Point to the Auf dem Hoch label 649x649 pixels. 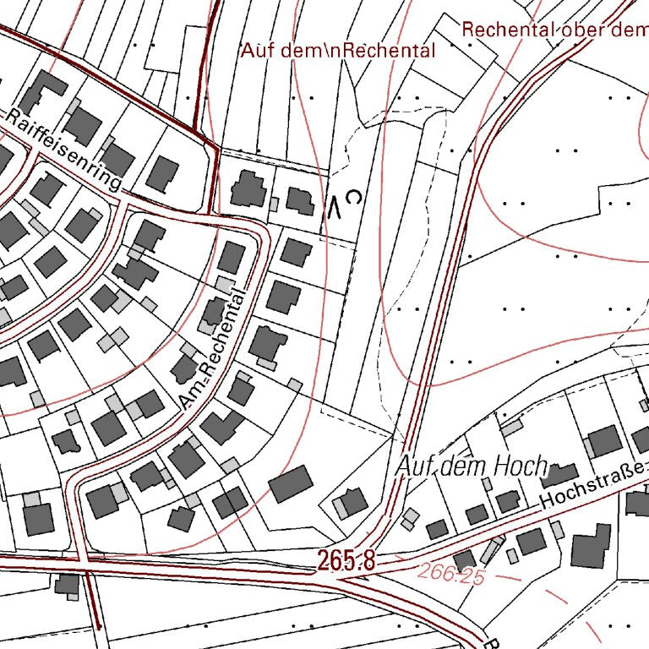(x=472, y=466)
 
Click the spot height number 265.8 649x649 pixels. (x=346, y=559)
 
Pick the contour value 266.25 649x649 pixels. (x=450, y=575)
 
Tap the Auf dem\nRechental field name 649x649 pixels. (x=338, y=51)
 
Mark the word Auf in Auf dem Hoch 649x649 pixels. (x=412, y=466)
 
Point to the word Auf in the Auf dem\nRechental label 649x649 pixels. (x=254, y=51)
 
